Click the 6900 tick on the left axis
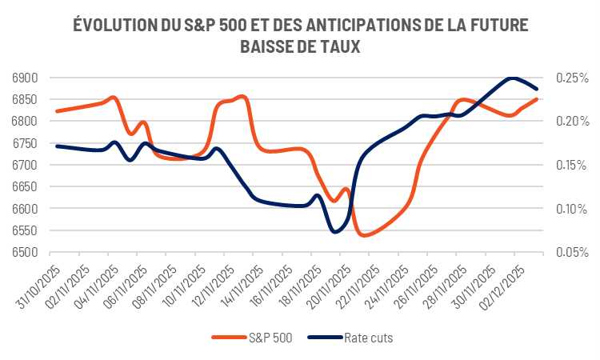[26, 78]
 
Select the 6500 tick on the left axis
[26, 253]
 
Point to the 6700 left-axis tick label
[26, 166]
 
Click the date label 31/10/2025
[40, 285]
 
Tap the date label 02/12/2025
[502, 285]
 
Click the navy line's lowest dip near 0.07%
[335, 231]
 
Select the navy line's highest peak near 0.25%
[512, 78]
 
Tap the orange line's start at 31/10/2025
[56, 111]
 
